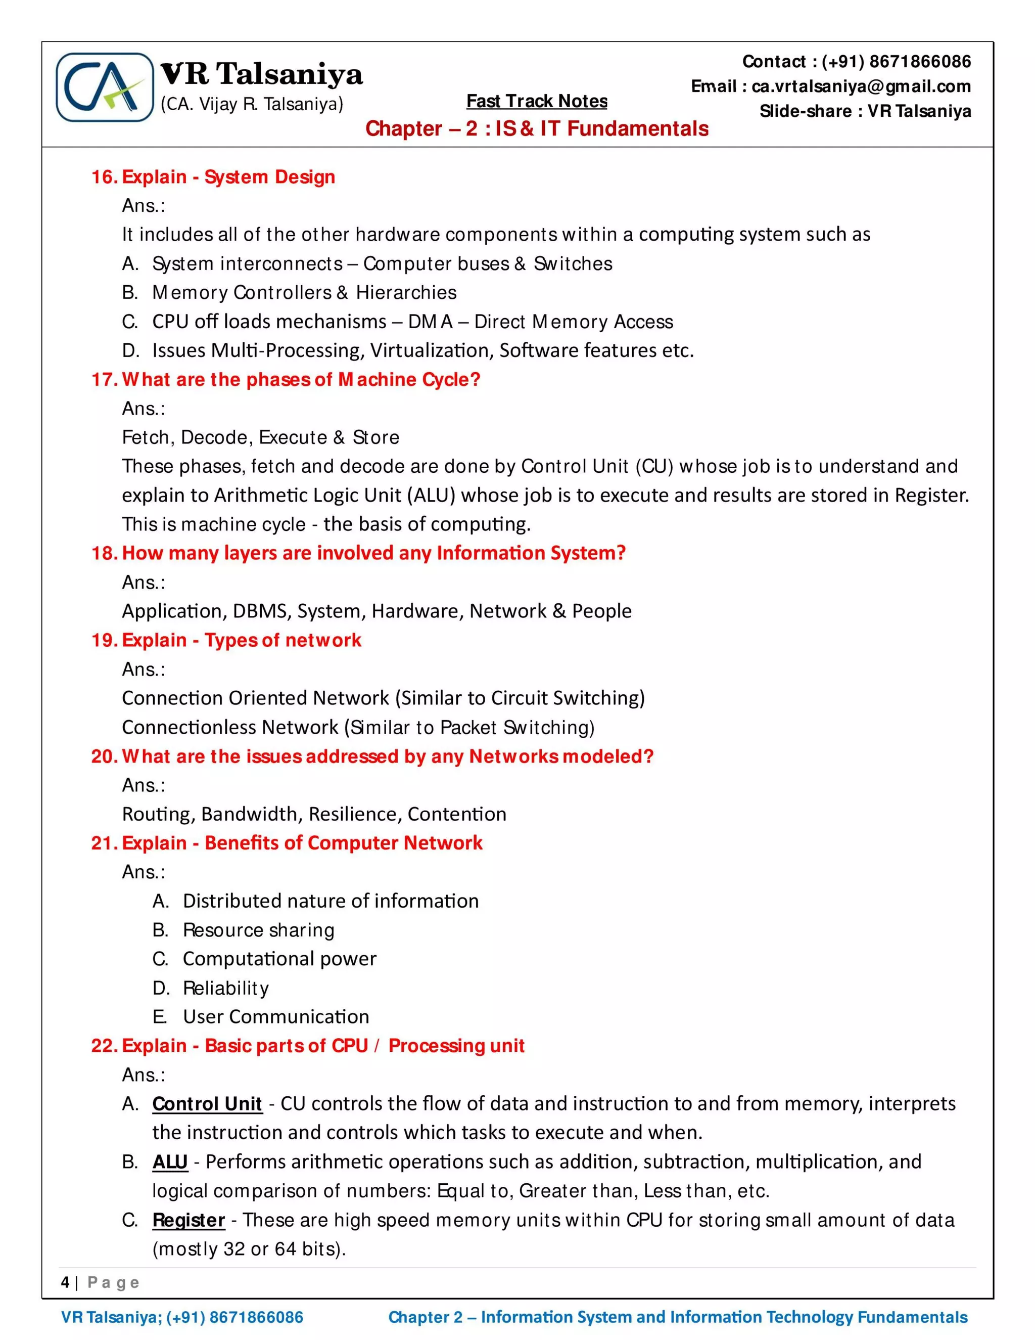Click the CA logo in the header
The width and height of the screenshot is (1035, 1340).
tap(105, 87)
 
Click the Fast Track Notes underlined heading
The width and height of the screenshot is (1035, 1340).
tap(537, 101)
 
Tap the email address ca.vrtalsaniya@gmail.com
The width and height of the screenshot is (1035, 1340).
tap(861, 86)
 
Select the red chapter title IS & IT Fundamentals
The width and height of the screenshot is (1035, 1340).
tap(537, 129)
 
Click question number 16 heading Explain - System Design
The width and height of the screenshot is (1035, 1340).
tap(213, 177)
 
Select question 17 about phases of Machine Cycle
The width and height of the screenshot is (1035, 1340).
tap(286, 380)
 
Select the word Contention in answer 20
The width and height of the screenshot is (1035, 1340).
tap(457, 814)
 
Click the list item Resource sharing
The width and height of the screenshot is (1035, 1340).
tap(258, 930)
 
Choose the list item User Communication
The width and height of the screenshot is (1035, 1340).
tap(276, 1017)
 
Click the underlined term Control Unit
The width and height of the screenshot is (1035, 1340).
tap(207, 1104)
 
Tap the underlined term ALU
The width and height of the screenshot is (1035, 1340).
tap(170, 1162)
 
